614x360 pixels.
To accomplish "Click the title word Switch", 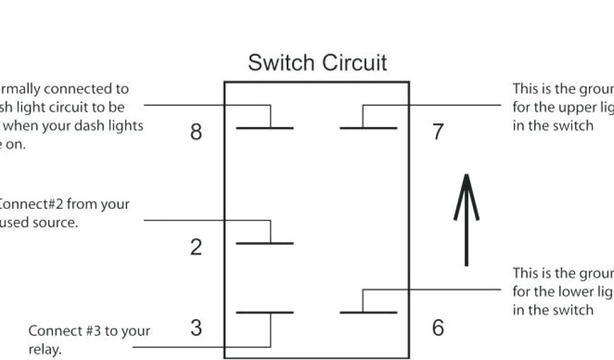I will (281, 63).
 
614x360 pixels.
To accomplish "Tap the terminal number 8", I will (196, 132).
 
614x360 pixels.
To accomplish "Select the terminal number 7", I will (438, 132).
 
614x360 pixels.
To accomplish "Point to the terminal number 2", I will (196, 247).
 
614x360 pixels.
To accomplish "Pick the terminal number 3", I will (196, 328).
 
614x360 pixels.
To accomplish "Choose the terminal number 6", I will (438, 328).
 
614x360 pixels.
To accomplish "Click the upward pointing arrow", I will (466, 219).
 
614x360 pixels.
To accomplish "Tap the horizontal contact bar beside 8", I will (264, 128).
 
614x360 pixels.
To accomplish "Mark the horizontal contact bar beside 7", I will (368, 128).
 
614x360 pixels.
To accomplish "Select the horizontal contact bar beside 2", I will (264, 243).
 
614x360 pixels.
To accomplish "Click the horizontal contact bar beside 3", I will (264, 313).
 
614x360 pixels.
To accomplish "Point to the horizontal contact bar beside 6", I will (368, 313).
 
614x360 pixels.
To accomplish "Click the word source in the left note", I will (56, 223).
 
